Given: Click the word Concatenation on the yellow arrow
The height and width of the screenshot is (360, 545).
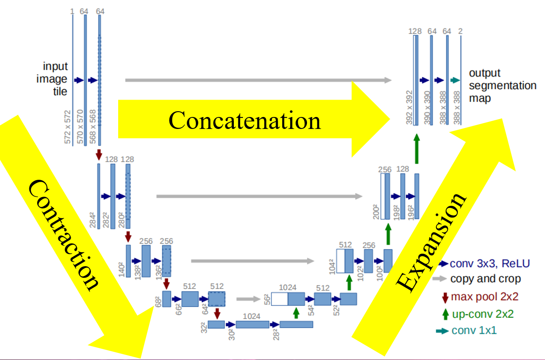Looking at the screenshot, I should click(245, 121).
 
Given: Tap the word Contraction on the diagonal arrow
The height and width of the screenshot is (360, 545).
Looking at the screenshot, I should click(64, 236).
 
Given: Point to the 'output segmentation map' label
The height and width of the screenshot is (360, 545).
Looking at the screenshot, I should click(502, 86).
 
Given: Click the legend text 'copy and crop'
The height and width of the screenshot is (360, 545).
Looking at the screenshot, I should click(485, 279).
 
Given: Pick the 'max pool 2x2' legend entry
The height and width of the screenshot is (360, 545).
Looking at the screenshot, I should click(484, 297).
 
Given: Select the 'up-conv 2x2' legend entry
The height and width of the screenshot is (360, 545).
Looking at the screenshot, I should click(482, 314).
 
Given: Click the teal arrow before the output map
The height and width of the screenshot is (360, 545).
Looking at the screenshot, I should click(455, 80).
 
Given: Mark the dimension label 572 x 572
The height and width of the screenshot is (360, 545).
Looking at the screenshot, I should click(68, 127).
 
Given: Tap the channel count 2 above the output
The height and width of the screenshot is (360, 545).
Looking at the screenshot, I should click(461, 31).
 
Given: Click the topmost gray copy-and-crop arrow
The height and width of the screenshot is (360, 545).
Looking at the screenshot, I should click(258, 80).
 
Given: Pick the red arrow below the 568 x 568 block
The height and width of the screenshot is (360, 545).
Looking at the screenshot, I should click(99, 154).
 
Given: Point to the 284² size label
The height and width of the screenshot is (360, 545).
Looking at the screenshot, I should click(93, 220).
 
